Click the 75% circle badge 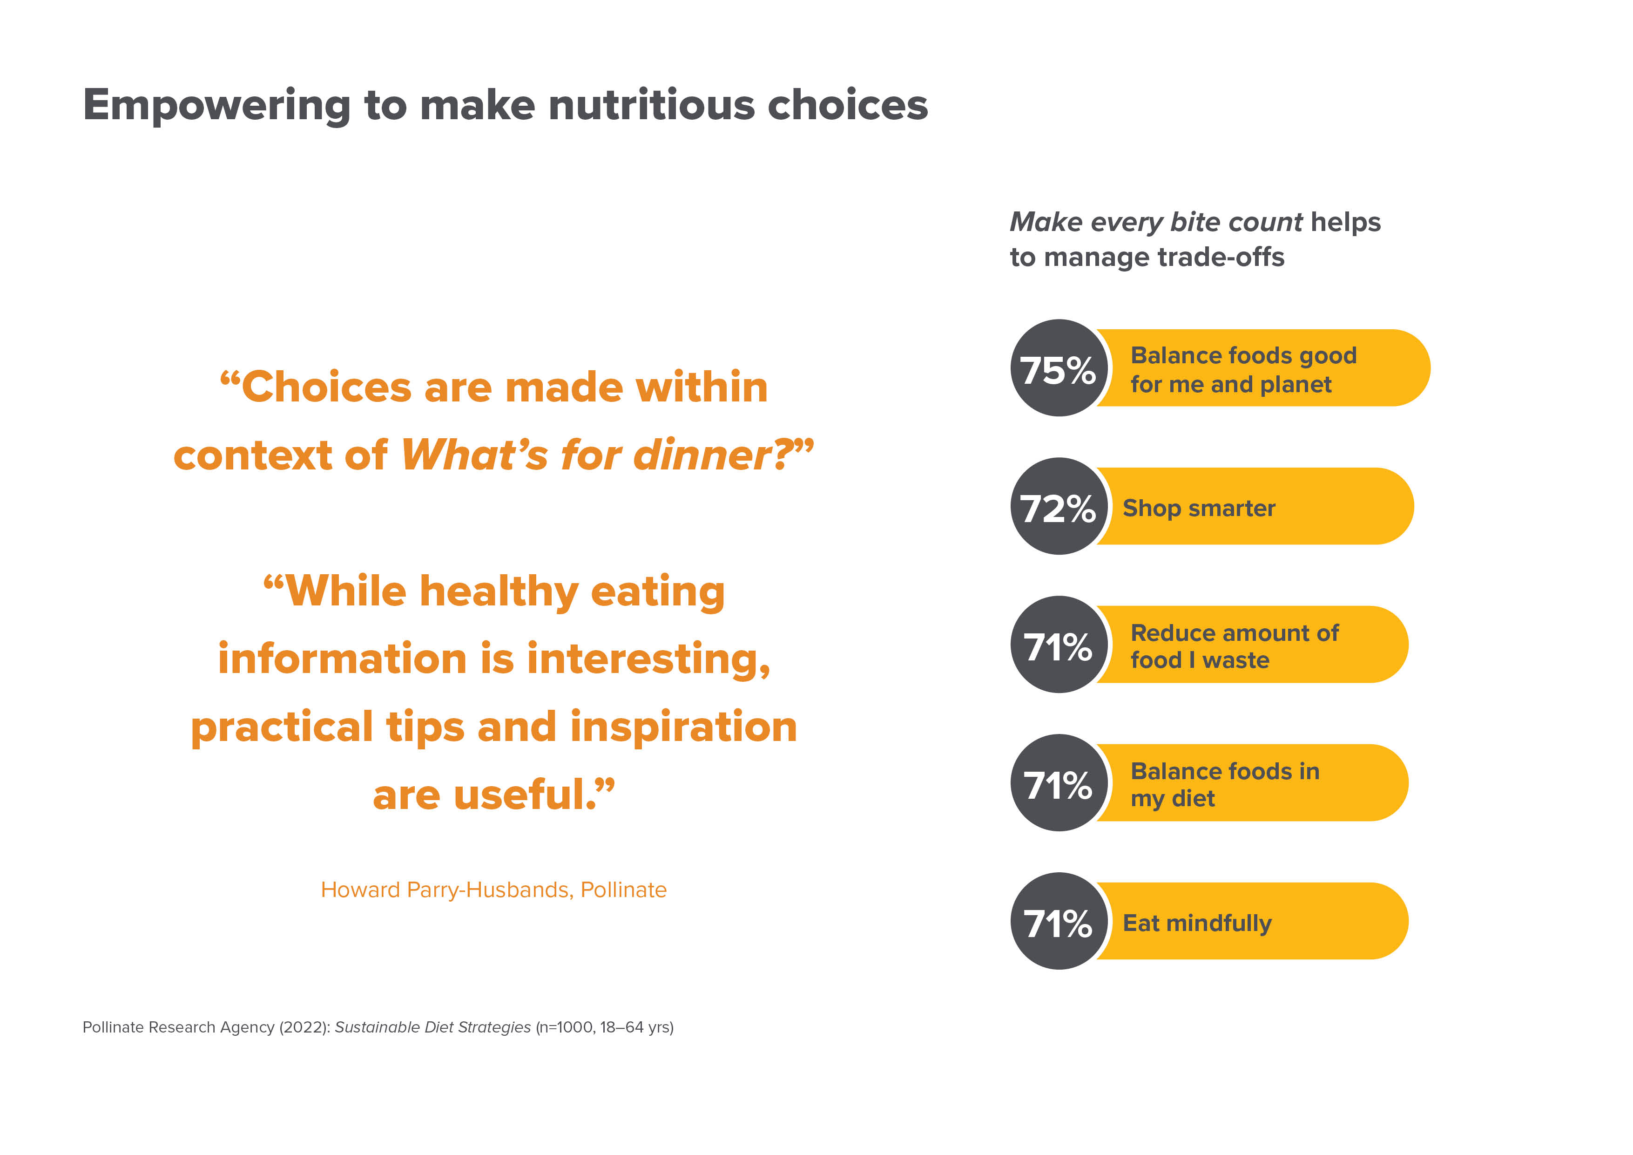pos(1059,368)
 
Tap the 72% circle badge pos(1059,506)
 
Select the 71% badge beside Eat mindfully pos(1059,921)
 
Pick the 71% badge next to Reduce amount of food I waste pos(1059,644)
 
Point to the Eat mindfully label pos(1197,923)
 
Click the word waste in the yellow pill pos(1235,660)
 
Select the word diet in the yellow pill pos(1193,798)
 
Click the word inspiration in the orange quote pos(683,727)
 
